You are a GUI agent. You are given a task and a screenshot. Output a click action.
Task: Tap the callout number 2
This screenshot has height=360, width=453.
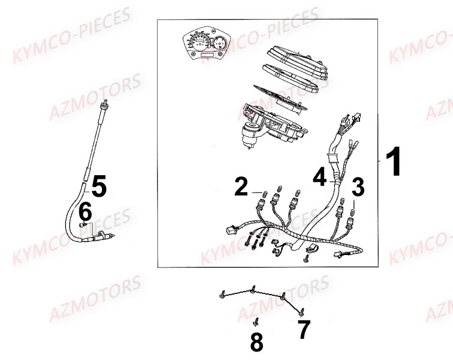(x=241, y=187)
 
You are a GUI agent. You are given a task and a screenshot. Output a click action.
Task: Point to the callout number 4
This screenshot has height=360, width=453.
(x=320, y=176)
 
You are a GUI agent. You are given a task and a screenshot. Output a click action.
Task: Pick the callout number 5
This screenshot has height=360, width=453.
(x=98, y=187)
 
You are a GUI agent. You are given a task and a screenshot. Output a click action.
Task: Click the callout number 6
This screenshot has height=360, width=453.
(x=85, y=211)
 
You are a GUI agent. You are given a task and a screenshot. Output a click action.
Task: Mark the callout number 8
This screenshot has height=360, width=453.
(x=256, y=342)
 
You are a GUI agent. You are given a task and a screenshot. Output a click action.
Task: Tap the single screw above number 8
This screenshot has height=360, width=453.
(x=256, y=320)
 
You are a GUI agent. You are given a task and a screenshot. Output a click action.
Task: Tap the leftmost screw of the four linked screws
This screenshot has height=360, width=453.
(x=224, y=294)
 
